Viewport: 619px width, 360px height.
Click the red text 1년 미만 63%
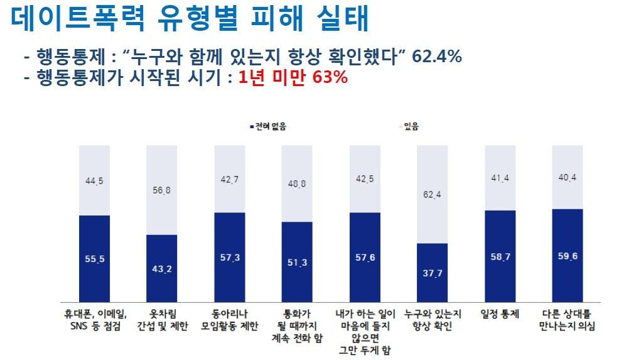293,79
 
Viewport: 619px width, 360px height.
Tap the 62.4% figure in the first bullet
437,57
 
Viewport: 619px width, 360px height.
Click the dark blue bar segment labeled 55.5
94,258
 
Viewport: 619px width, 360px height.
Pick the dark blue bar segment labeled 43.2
162,268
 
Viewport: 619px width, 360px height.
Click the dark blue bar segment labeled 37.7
433,272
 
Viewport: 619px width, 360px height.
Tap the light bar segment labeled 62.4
433,195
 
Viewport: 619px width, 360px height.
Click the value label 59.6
568,256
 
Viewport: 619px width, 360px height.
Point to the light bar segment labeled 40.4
568,177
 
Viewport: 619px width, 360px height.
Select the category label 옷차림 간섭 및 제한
162,319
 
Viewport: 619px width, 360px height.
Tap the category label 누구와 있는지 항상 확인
433,319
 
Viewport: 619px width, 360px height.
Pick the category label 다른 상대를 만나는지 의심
568,319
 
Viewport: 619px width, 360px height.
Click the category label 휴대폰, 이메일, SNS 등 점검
94,319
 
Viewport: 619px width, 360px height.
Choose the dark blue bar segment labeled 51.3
297,262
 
